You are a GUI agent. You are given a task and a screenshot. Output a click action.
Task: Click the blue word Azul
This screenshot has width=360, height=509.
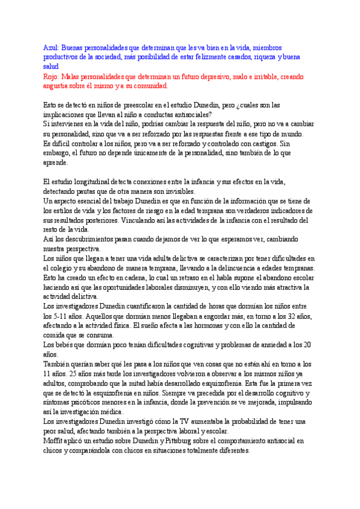[51, 47]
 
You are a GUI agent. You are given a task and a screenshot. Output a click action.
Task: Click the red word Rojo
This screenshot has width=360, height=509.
[52, 77]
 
